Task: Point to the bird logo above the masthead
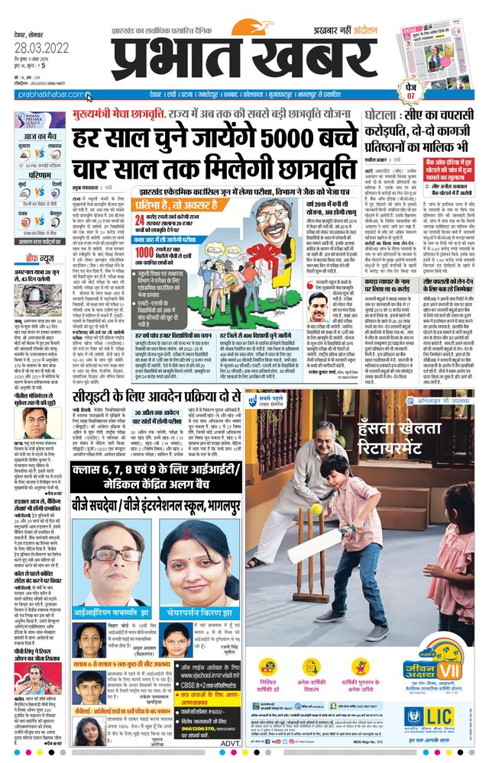pos(264,28)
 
